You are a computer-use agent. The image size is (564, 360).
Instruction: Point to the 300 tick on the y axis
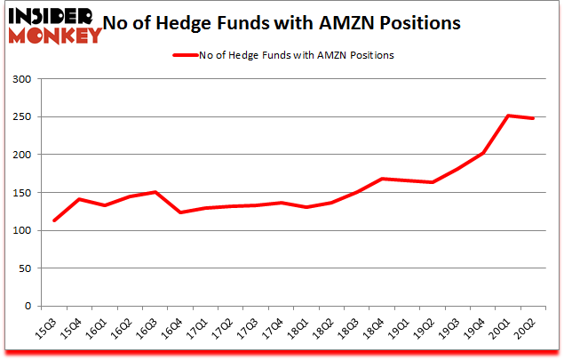click(21, 79)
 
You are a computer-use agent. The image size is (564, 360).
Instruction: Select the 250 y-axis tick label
click(21, 117)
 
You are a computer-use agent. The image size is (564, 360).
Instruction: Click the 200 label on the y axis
click(21, 155)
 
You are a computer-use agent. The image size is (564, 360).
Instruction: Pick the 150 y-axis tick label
click(21, 193)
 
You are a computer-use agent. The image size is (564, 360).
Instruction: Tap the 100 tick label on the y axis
click(21, 230)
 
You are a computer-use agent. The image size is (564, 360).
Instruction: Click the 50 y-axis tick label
click(24, 268)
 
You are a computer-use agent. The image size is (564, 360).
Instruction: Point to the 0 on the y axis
click(28, 306)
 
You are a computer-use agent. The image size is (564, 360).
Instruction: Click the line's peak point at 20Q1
click(508, 116)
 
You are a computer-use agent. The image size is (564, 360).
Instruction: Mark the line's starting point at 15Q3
click(54, 220)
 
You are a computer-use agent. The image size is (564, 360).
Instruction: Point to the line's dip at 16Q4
click(181, 212)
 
